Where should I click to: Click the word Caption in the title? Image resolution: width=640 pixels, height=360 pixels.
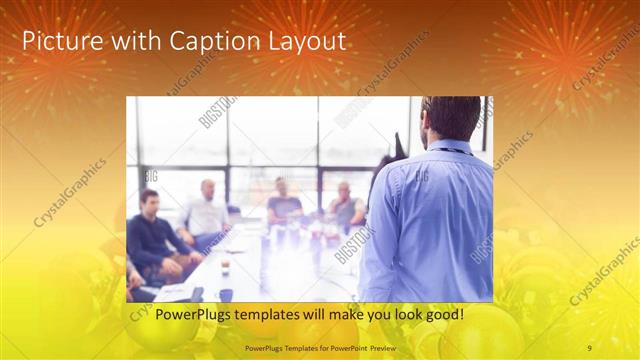215,42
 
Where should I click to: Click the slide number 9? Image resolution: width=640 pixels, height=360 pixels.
589,347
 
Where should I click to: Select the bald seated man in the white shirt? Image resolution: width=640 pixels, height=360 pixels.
207,212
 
